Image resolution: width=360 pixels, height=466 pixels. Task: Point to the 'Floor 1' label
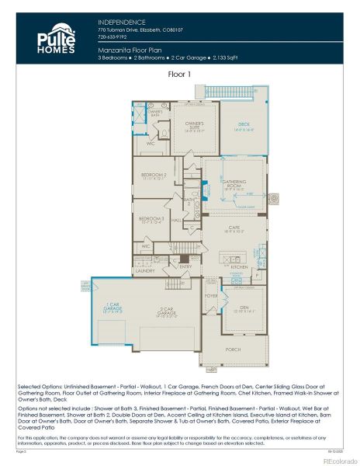coord(180,75)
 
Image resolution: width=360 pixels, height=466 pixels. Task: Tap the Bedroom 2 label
coord(154,176)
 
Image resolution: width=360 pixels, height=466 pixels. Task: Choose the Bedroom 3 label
coord(151,220)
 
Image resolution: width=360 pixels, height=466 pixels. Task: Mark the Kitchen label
coord(239,266)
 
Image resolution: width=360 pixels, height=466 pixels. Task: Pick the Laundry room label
coord(144,271)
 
